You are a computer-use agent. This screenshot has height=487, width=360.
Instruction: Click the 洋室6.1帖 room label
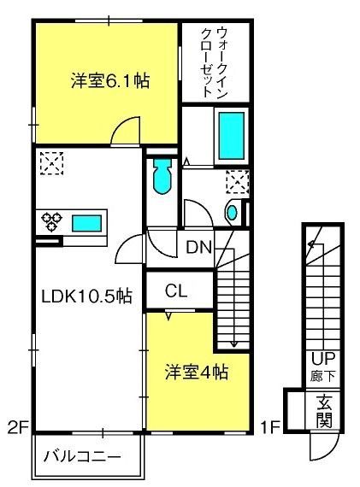click(110, 81)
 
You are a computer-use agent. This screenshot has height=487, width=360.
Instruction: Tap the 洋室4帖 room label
click(197, 372)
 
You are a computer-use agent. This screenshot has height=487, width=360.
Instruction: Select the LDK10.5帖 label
click(87, 296)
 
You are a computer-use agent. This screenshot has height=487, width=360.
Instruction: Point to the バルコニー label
click(82, 457)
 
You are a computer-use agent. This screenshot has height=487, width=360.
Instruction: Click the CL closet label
click(176, 291)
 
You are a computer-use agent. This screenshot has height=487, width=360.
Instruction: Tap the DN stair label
click(198, 248)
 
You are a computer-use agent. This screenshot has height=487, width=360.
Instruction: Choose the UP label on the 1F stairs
click(323, 359)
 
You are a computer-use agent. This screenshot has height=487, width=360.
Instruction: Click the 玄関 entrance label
click(324, 411)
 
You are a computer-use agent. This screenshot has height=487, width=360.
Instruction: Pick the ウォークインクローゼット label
click(215, 62)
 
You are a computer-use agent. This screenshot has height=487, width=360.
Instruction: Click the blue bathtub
click(231, 136)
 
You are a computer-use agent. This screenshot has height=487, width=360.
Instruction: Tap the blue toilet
click(162, 176)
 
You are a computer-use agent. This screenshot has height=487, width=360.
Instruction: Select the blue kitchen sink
click(86, 223)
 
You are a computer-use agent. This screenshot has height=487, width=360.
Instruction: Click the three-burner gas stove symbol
click(52, 221)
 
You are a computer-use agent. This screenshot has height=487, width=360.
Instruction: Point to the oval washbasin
click(232, 213)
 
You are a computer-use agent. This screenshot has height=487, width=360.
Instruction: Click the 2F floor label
click(18, 428)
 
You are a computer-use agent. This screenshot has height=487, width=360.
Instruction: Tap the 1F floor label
click(270, 427)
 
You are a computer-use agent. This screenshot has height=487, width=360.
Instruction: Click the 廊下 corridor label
click(323, 376)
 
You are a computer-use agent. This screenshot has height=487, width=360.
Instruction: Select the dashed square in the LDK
click(52, 163)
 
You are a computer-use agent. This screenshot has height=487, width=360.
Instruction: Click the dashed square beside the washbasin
click(238, 181)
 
